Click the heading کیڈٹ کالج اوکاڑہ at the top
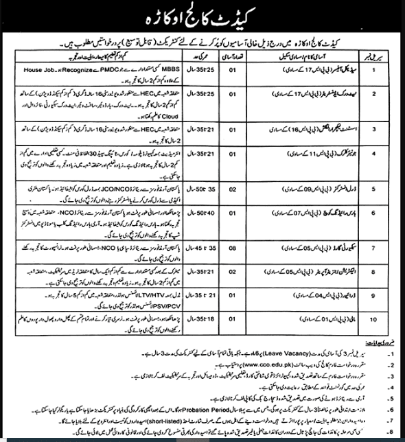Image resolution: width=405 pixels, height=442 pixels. (202, 14)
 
